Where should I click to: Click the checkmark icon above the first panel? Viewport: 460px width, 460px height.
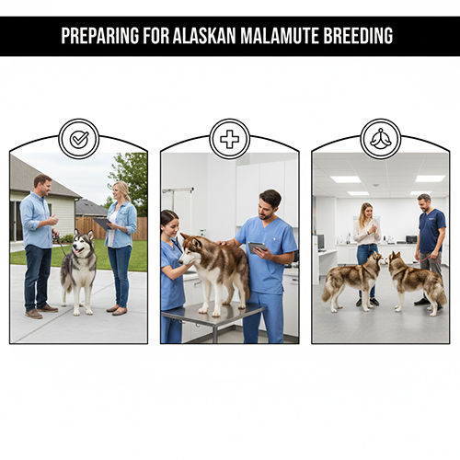[78, 139]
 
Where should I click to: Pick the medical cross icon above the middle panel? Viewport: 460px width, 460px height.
[229, 139]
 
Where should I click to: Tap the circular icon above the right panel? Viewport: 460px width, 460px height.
[380, 139]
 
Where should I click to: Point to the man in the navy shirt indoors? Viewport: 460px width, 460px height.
[429, 244]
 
